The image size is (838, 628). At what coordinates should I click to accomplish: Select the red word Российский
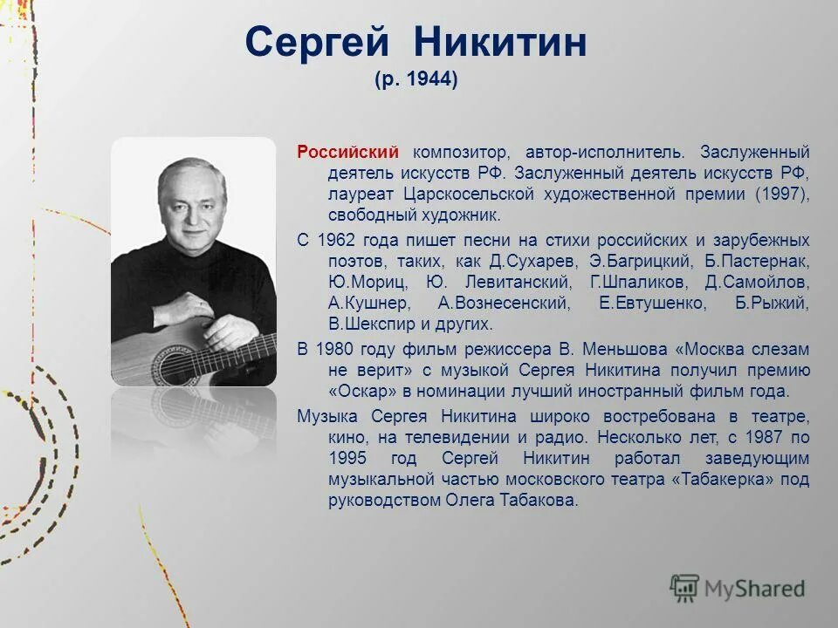[348, 152]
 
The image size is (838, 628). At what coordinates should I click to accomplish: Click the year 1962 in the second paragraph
[333, 240]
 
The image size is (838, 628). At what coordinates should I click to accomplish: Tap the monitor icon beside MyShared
[684, 589]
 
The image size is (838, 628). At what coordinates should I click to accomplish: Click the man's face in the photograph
[187, 208]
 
